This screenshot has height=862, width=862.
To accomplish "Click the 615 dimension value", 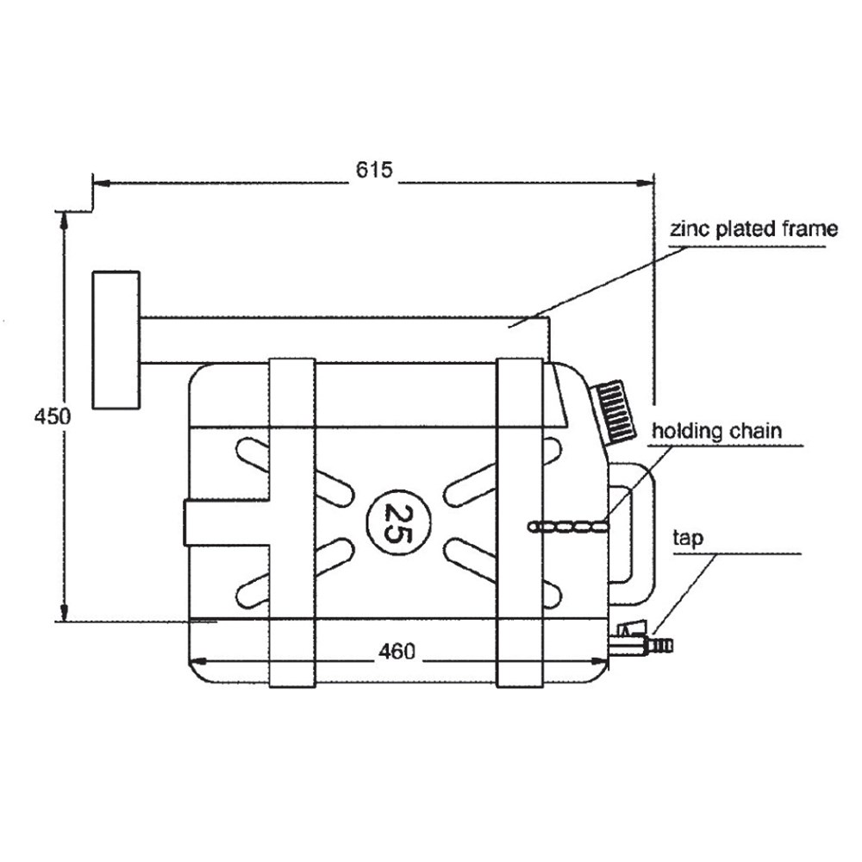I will [374, 169].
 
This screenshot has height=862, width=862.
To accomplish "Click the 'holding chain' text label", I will [716, 430].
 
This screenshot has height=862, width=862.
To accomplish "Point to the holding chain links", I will [569, 526].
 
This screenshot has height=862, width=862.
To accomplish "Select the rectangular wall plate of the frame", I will [116, 340].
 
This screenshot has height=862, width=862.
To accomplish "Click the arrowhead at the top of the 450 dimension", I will [64, 219].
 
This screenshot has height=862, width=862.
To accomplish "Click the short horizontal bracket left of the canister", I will [226, 522].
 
